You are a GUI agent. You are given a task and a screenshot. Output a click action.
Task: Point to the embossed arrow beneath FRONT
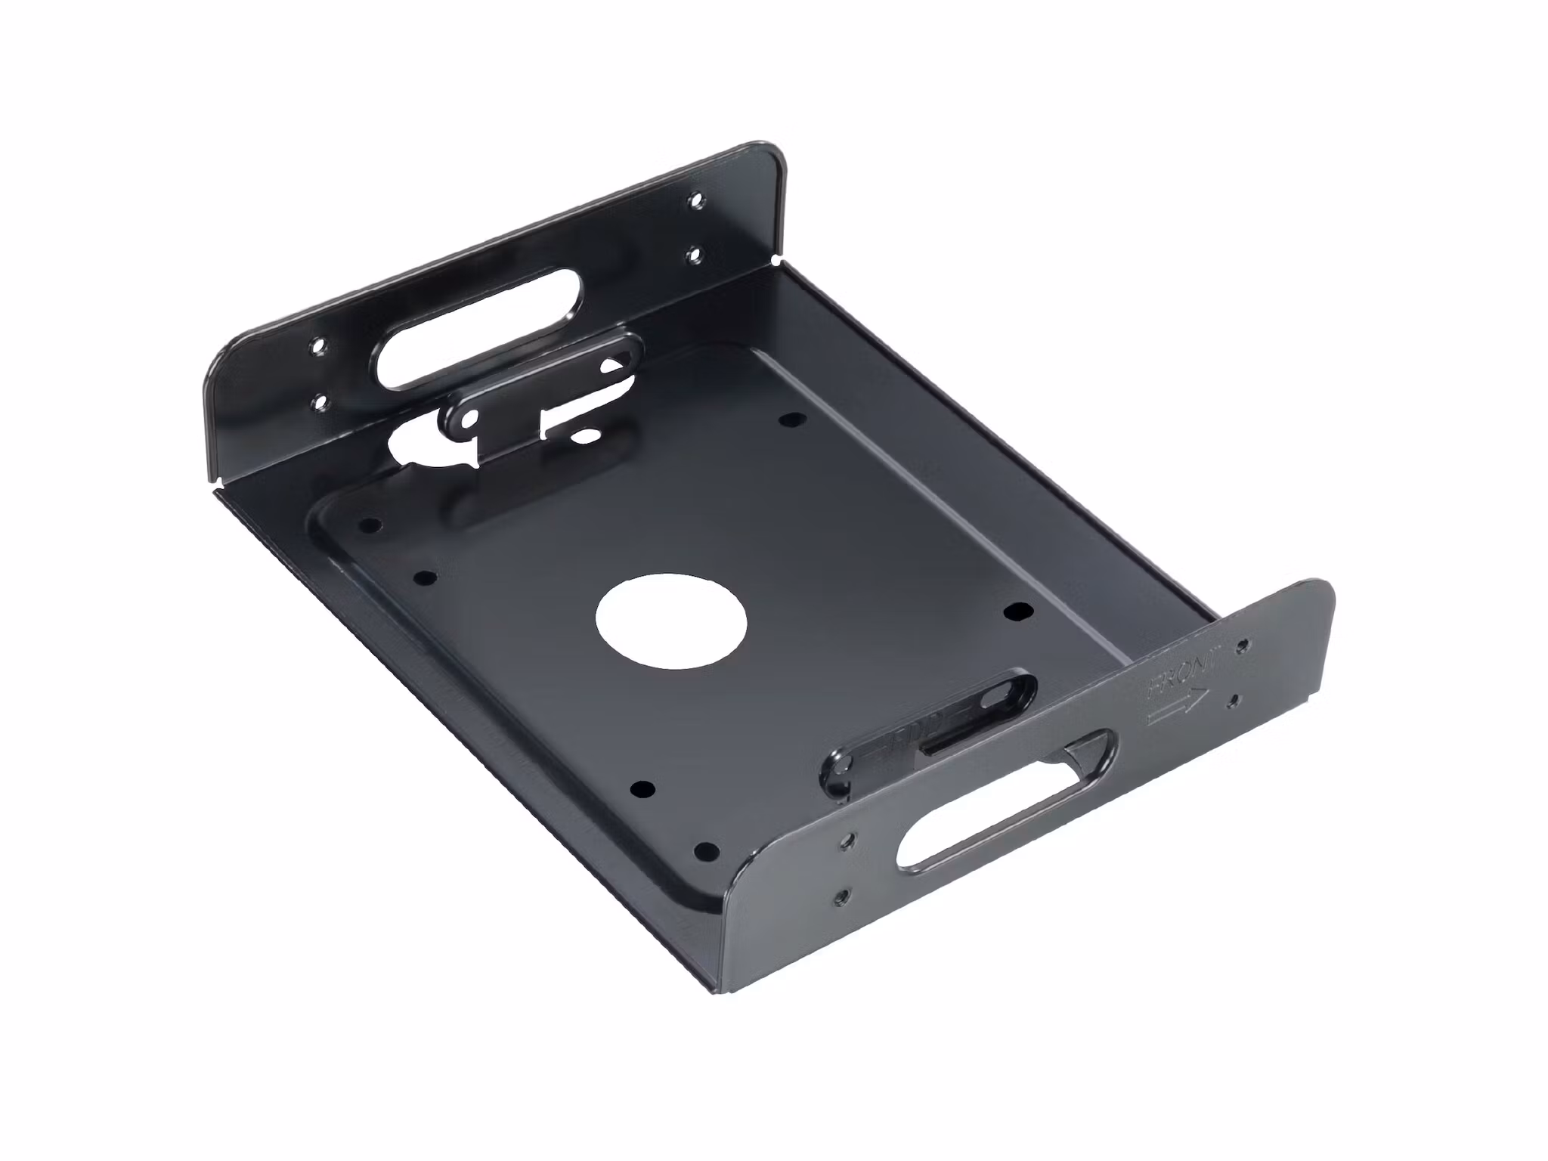[1176, 708]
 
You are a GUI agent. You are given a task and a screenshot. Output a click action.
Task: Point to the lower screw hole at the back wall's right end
[694, 256]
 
